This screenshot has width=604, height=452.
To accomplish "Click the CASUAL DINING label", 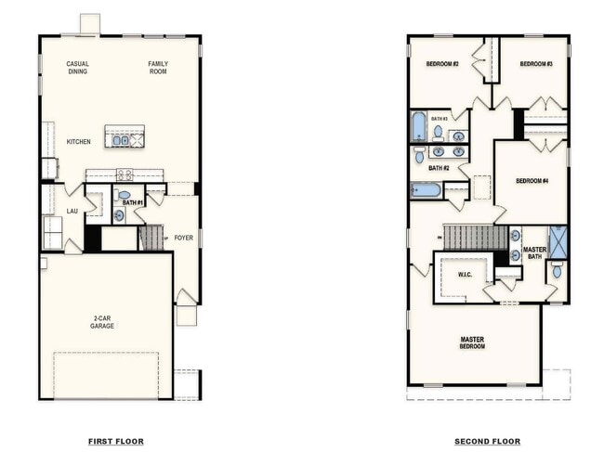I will (x=77, y=67).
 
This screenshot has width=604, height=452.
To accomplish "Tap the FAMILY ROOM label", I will (x=159, y=67).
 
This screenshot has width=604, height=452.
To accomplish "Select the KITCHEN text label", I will (x=78, y=142).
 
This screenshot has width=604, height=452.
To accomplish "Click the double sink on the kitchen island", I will (x=121, y=140).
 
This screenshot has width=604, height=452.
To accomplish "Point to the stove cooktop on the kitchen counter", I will (x=124, y=174).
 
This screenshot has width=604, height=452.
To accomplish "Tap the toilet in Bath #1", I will (x=124, y=196).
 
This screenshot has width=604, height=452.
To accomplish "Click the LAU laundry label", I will (x=72, y=211).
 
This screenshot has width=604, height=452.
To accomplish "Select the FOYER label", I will (x=184, y=237).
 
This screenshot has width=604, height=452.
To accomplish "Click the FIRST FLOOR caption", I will (x=115, y=441).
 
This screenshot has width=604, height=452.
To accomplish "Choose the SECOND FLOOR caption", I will (x=488, y=441).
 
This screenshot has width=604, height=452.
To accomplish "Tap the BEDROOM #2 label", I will (x=442, y=64).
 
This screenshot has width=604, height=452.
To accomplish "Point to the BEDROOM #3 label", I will (x=536, y=64).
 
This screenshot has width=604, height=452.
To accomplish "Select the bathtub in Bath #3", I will (x=418, y=125).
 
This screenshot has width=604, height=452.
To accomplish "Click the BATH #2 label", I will (x=439, y=168).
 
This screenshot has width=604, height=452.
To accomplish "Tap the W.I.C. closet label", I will (x=466, y=274).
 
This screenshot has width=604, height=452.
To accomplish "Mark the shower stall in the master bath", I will (x=558, y=241).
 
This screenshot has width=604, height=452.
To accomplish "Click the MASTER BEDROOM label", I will (x=472, y=342).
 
